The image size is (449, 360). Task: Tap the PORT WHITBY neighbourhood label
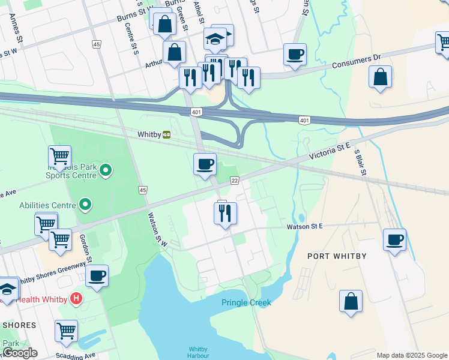coord(337,256)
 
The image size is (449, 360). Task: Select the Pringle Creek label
coord(246,302)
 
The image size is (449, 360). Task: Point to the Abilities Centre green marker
coord(85,205)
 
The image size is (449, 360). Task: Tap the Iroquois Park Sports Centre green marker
coord(106,171)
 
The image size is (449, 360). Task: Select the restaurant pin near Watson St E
coord(225,213)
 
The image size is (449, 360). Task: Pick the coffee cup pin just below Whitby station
coord(205,164)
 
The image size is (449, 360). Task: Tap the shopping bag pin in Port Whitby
coord(351,301)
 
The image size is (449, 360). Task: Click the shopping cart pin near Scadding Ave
coord(66,331)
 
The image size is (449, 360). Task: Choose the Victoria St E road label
coord(330,150)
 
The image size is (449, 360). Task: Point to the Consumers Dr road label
coord(357,60)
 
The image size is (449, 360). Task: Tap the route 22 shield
coord(235,181)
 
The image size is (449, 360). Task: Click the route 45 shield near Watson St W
coord(142,190)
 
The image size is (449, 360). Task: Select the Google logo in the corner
coord(19,353)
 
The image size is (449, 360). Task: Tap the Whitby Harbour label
coord(198,352)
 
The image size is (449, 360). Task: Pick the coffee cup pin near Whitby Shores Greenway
coord(97,277)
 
